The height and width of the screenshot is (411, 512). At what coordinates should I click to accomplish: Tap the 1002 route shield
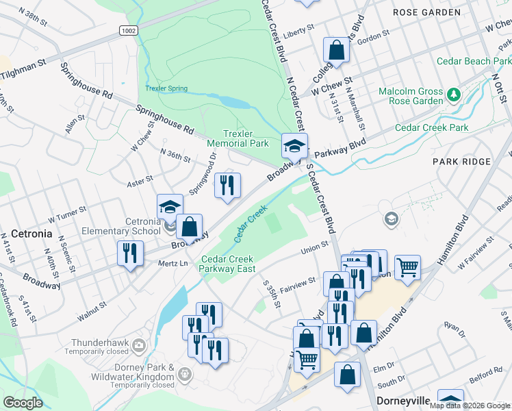[x=128, y=31]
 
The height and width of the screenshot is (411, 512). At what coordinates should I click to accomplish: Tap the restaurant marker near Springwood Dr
[x=227, y=184]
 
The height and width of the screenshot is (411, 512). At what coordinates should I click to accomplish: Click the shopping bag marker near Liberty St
[x=336, y=49]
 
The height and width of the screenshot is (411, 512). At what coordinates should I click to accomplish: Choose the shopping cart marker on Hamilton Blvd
[x=407, y=266]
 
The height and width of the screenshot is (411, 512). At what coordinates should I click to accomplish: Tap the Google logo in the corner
[x=23, y=403]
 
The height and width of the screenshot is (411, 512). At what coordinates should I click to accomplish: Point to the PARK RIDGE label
[x=461, y=162]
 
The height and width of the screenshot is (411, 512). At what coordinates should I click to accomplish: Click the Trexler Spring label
[x=166, y=88]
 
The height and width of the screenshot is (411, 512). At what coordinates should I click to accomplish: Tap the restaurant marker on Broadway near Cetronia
[x=128, y=253]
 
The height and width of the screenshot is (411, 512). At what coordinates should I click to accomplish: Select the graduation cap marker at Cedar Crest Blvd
[x=294, y=146]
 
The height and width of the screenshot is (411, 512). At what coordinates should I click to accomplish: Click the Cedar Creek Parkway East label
[x=227, y=264]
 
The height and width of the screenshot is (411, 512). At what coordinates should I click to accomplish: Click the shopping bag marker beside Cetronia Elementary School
[x=189, y=226]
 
